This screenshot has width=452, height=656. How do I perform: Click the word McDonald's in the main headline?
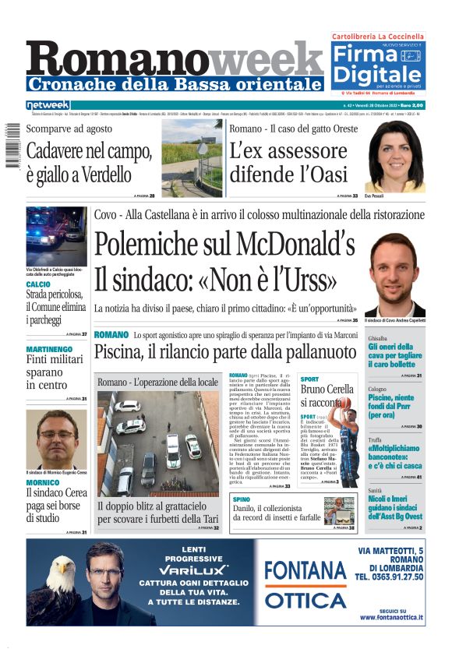coord(288,245)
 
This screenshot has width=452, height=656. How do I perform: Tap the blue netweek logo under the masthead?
coord(48,104)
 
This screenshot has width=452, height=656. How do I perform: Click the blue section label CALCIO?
coord(38,284)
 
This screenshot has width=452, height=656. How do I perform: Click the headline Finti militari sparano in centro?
coord(54,372)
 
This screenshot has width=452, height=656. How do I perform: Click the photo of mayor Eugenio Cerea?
coord(57,439)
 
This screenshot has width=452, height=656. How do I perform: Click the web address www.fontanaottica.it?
coord(391,618)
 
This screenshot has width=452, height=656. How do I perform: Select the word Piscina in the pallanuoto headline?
coord(122,352)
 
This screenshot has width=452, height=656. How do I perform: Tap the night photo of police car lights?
coord(57,237)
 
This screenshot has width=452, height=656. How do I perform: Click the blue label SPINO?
coord(241,499)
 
